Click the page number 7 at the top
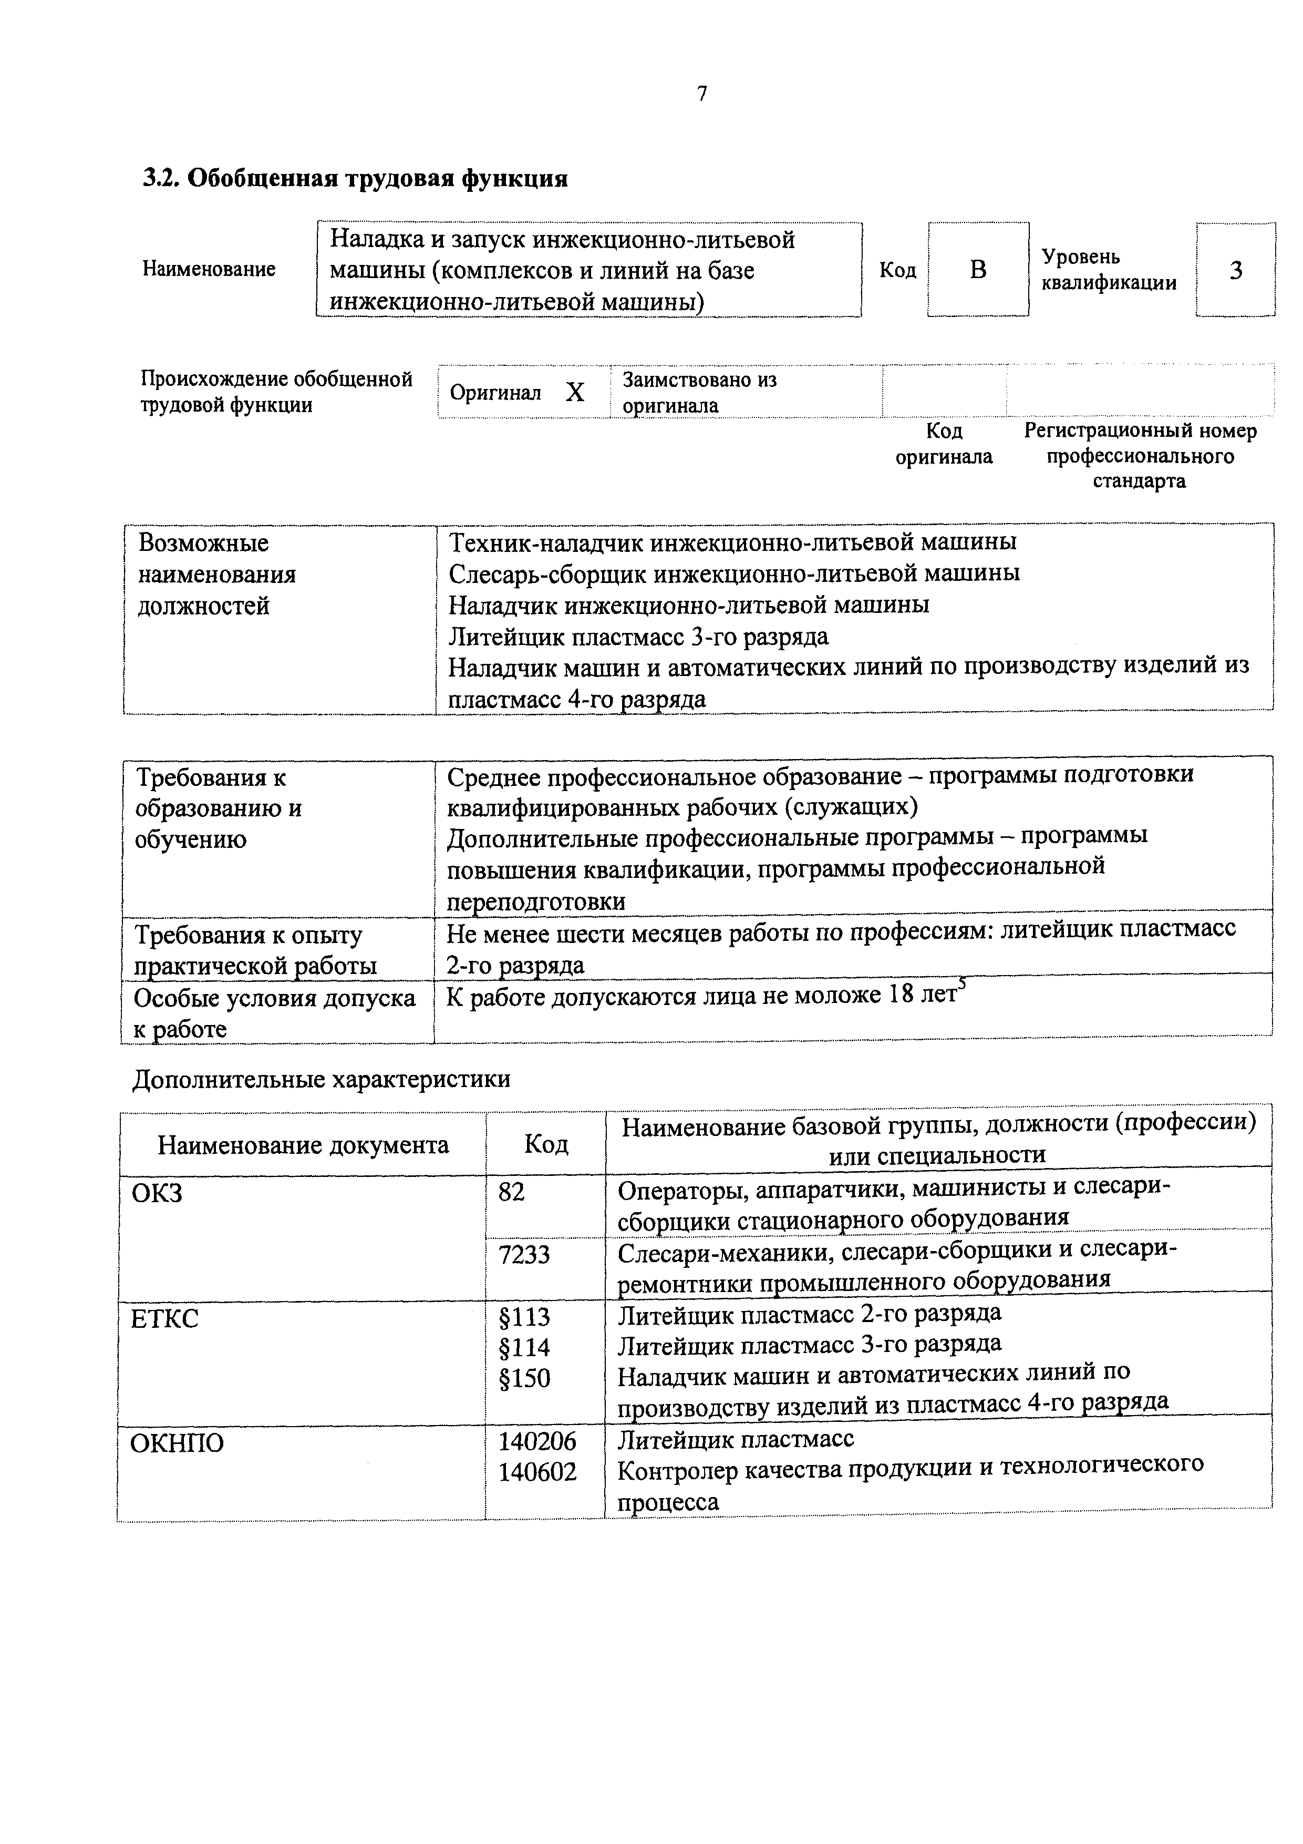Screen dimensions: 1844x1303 click(x=702, y=94)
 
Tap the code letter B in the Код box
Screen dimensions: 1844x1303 click(x=977, y=270)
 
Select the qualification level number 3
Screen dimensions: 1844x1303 click(x=1236, y=270)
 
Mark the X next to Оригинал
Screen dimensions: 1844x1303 click(x=575, y=392)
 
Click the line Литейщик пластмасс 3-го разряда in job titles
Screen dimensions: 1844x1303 click(x=638, y=636)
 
